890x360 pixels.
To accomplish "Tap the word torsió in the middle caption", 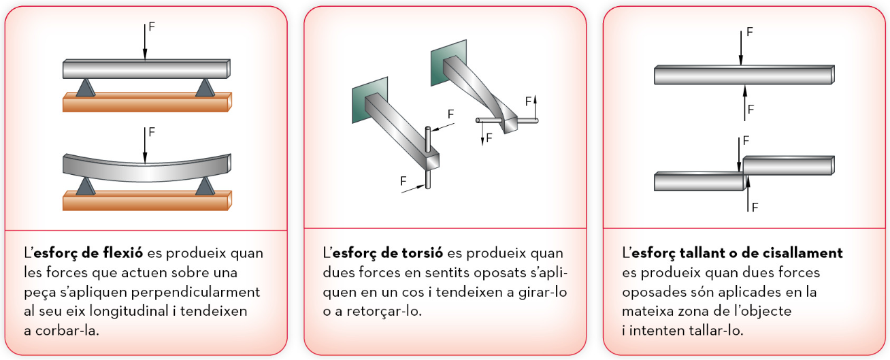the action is tap(422, 252).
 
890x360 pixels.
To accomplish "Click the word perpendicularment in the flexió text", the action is tap(195, 293).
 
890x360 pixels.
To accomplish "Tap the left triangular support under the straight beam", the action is tap(86, 88).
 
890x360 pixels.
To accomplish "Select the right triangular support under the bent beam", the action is tap(205, 186).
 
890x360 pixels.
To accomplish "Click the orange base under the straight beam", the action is tap(147, 103).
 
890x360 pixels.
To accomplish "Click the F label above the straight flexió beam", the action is tap(152, 27).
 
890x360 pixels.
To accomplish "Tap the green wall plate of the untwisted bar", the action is tap(369, 99).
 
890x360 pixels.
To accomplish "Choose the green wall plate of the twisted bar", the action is tap(448, 63).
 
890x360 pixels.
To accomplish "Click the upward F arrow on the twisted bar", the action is tap(535, 108).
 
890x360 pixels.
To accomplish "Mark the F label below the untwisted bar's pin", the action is tap(403, 181).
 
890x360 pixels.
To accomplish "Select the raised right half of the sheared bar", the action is tap(789, 165).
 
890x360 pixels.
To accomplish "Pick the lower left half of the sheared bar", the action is tap(699, 181).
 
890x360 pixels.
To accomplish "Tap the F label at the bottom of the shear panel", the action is tap(755, 207).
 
